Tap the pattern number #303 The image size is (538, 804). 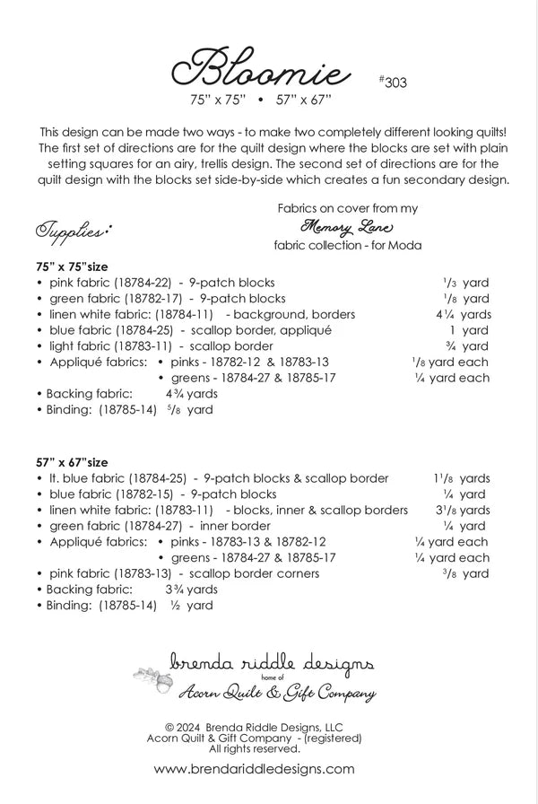[x=392, y=82]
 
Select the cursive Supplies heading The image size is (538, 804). [x=73, y=231]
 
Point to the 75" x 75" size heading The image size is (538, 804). [x=73, y=267]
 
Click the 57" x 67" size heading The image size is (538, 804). [x=73, y=464]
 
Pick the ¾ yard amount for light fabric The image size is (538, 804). [x=464, y=346]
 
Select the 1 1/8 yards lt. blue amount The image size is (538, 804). [x=461, y=479]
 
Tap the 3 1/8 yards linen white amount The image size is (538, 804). [x=461, y=511]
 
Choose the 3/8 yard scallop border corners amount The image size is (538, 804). [x=464, y=572]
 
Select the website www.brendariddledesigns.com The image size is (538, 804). [x=254, y=769]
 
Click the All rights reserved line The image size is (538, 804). [x=254, y=747]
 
